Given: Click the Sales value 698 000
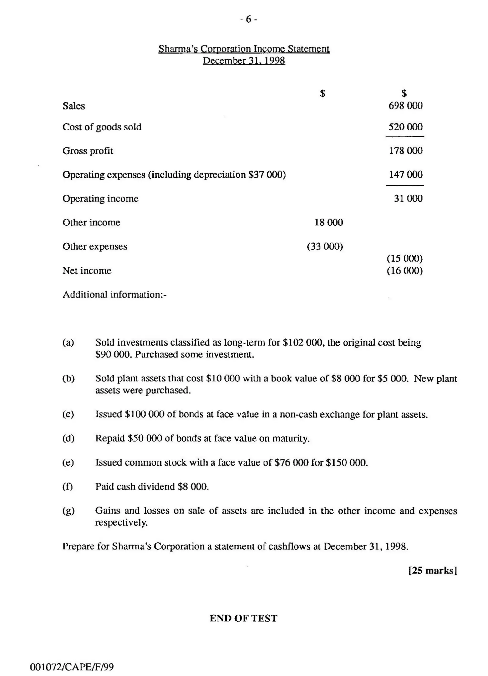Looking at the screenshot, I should click(405, 105).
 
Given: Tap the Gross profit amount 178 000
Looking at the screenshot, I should click(405, 150).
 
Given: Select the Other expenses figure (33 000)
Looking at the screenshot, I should click(325, 246).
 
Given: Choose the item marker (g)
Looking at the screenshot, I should click(68, 511).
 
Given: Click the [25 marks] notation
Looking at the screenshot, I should click(432, 571).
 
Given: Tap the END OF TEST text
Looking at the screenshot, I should click(243, 618).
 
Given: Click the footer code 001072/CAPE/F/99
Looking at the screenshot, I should click(72, 667).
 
